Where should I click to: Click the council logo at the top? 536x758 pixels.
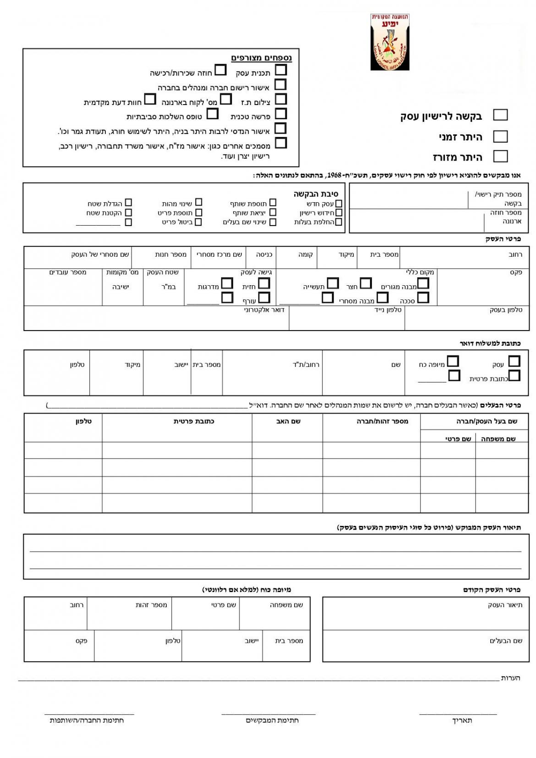click(x=389, y=42)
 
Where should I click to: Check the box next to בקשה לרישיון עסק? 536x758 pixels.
click(x=500, y=115)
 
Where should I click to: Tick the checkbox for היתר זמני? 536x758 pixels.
click(x=500, y=136)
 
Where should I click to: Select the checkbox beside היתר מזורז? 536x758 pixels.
click(x=500, y=156)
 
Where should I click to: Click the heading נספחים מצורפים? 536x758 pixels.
click(x=261, y=58)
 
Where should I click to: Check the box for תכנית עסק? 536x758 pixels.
click(x=281, y=70)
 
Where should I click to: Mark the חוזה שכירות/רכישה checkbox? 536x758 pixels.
click(x=221, y=70)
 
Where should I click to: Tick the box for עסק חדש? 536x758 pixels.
click(x=339, y=204)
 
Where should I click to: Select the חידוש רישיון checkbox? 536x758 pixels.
click(x=339, y=213)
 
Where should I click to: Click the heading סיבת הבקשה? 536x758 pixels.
click(x=316, y=194)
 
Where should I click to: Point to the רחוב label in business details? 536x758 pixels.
click(x=515, y=255)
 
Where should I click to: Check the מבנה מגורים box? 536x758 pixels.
click(x=423, y=283)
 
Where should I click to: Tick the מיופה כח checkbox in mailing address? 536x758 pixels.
click(x=453, y=361)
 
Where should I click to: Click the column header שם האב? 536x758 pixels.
click(x=288, y=421)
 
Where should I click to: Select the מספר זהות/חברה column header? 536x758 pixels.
click(x=382, y=421)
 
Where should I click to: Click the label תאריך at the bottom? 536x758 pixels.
click(x=462, y=720)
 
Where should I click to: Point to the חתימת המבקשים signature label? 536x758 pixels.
click(x=272, y=720)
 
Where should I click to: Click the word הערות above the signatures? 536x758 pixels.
click(x=510, y=678)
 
